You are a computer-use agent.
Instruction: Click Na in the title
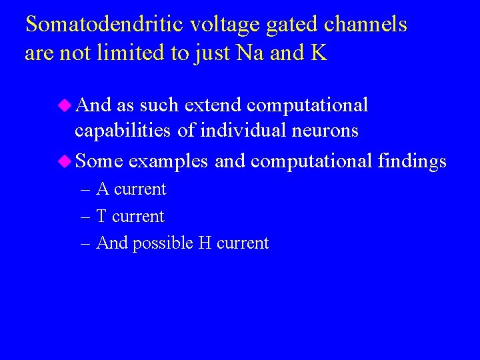point(245,53)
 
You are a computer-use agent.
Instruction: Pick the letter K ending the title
point(318,53)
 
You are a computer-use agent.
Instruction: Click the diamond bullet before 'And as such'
point(65,105)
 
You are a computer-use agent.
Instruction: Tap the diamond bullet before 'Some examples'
point(65,161)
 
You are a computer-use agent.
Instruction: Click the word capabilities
point(123,131)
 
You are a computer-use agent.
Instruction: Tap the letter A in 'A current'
point(103,189)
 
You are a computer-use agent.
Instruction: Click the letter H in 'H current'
point(205,243)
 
